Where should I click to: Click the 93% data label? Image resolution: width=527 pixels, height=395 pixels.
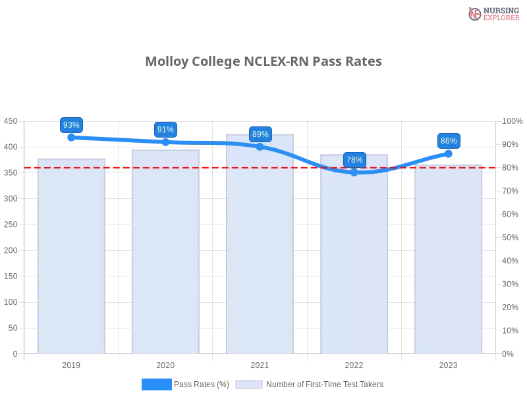pyautogui.click(x=71, y=125)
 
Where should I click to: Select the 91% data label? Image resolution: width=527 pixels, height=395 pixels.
pyautogui.click(x=165, y=130)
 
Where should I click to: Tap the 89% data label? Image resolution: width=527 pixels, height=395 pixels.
pyautogui.click(x=260, y=134)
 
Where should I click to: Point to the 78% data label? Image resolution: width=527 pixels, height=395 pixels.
pyautogui.click(x=354, y=160)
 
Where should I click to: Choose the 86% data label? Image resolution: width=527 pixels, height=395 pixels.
pyautogui.click(x=449, y=141)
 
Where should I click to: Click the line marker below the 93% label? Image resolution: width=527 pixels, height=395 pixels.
pyautogui.click(x=71, y=138)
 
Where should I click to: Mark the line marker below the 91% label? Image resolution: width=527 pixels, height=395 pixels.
pyautogui.click(x=165, y=142)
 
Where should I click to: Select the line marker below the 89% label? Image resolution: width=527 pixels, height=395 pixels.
pyautogui.click(x=260, y=146)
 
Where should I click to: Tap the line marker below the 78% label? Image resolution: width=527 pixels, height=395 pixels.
pyautogui.click(x=354, y=172)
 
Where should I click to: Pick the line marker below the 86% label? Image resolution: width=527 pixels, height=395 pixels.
pyautogui.click(x=448, y=153)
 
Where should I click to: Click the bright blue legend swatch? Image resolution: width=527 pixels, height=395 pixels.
pyautogui.click(x=157, y=384)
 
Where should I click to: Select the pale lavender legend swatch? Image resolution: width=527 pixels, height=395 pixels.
pyautogui.click(x=249, y=384)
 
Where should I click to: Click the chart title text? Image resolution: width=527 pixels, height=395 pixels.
pyautogui.click(x=263, y=61)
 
